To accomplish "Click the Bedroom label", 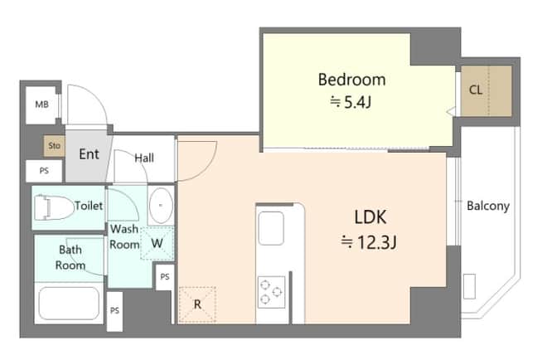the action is click(351, 80).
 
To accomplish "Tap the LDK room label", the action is click(370, 217).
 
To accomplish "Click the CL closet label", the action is click(476, 90).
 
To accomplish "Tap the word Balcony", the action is click(488, 206).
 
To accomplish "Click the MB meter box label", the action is click(42, 105).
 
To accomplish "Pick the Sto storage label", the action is click(55, 146).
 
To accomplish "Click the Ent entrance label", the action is click(89, 154).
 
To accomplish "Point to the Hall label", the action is click(144, 158).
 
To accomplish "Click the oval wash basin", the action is click(161, 206).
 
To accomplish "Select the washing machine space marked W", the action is click(157, 243).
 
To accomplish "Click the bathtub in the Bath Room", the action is click(69, 303).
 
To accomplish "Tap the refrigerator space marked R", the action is click(197, 304).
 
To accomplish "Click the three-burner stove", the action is click(271, 292).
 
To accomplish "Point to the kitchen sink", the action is click(271, 228).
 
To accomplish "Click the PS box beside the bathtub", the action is click(114, 311).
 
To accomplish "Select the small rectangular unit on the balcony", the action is click(469, 286).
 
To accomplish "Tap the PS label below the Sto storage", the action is click(44, 171).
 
